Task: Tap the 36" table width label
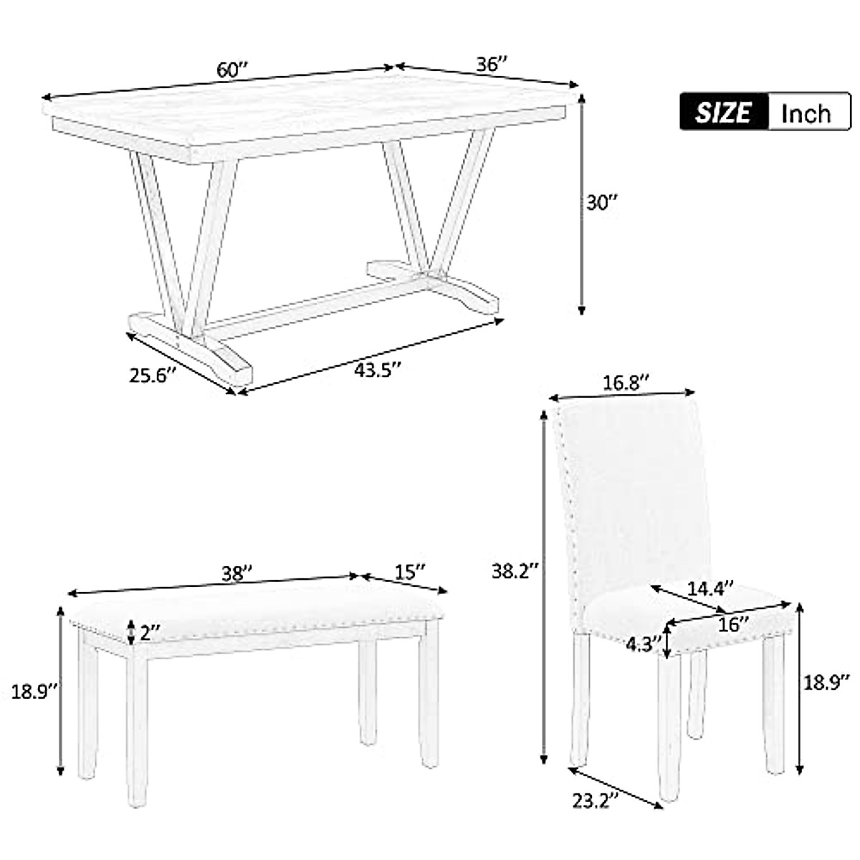pyautogui.click(x=492, y=64)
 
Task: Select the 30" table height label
pyautogui.click(x=601, y=203)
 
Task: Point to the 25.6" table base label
pyautogui.click(x=153, y=375)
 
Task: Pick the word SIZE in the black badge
pyautogui.click(x=724, y=113)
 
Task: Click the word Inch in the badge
pyautogui.click(x=806, y=113)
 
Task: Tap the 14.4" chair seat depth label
pyautogui.click(x=710, y=588)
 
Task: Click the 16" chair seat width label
pyautogui.click(x=733, y=623)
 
